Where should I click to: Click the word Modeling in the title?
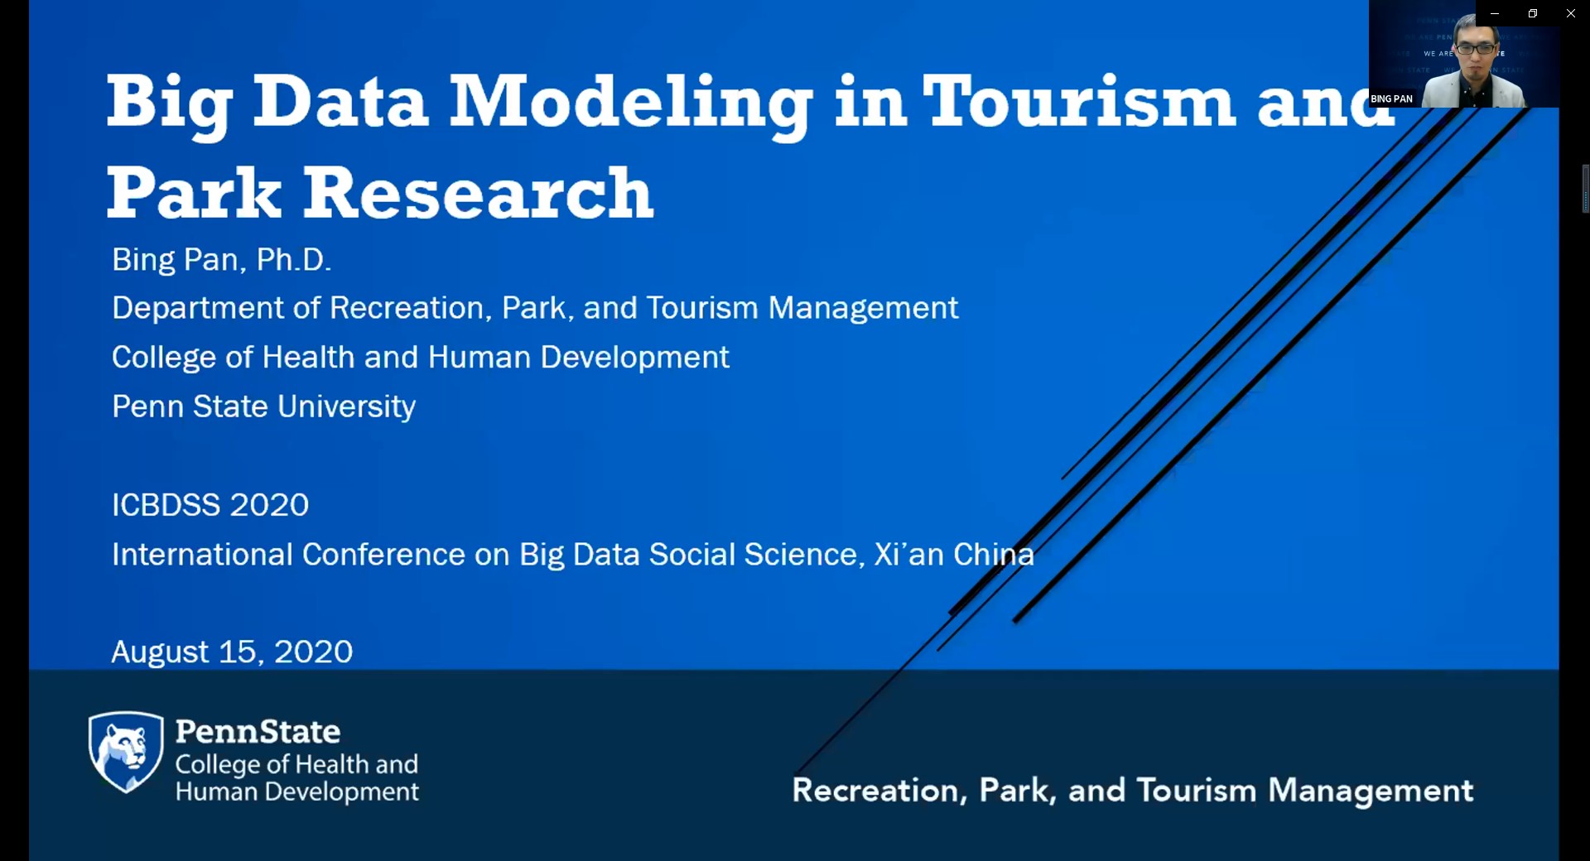click(631, 104)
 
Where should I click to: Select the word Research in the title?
click(479, 193)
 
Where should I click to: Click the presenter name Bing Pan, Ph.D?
click(221, 260)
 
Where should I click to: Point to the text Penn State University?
click(263, 406)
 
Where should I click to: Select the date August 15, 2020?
click(232, 652)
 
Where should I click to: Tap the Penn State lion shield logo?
click(126, 752)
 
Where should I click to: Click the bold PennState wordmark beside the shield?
click(258, 732)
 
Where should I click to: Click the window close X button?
click(1570, 13)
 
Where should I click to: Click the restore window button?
click(1532, 13)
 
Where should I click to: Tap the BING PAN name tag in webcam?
click(1391, 99)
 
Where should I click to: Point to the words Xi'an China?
click(954, 555)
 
